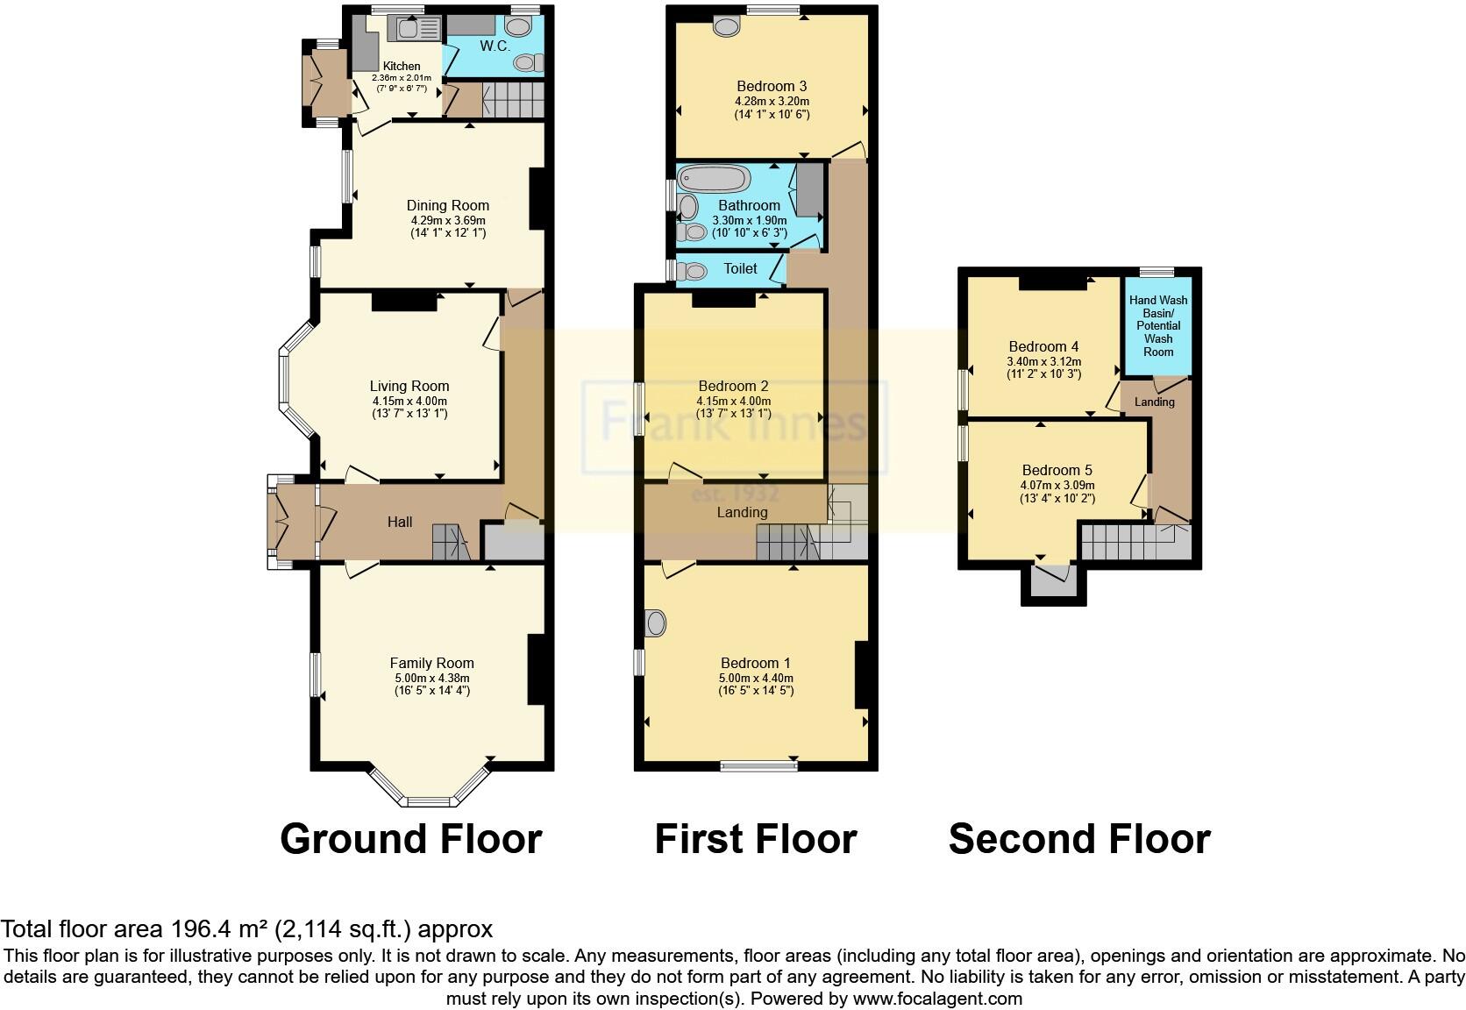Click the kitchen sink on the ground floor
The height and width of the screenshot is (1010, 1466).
[418, 29]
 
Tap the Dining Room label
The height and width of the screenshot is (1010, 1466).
[447, 205]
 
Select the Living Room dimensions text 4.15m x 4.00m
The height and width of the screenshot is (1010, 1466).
[409, 401]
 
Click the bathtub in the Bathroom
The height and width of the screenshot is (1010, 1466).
[715, 180]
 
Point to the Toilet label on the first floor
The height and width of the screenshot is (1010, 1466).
[740, 268]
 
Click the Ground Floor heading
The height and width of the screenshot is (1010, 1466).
[410, 839]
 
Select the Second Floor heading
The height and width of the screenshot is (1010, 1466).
[1078, 839]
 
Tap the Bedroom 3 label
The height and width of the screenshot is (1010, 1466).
[772, 86]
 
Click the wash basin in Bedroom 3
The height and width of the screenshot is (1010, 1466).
[726, 27]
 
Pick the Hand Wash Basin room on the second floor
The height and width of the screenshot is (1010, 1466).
[1157, 325]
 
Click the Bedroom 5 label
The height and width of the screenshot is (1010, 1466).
[1057, 470]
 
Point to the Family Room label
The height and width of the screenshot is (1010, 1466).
[431, 663]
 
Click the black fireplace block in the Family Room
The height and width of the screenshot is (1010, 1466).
[537, 669]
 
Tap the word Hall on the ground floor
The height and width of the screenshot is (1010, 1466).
[400, 522]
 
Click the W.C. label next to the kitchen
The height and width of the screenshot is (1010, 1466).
[495, 46]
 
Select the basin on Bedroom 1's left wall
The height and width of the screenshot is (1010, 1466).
[655, 624]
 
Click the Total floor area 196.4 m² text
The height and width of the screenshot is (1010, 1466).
[246, 928]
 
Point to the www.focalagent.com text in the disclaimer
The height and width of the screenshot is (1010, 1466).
[936, 998]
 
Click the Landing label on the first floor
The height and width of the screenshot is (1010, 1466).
[742, 512]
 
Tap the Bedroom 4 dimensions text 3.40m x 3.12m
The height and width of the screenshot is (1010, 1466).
[1043, 361]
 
